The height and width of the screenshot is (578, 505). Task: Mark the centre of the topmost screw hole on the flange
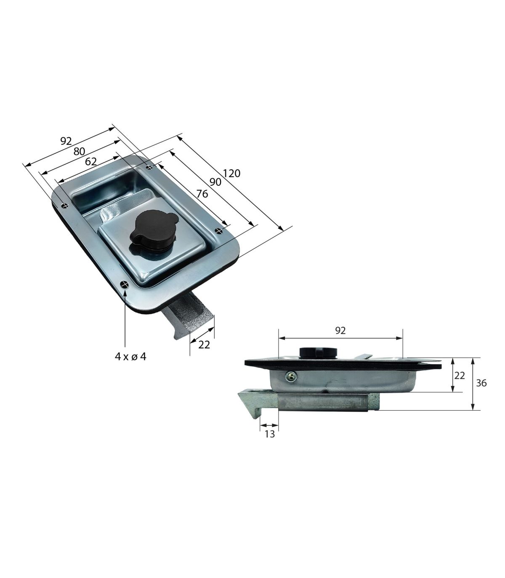(150, 167)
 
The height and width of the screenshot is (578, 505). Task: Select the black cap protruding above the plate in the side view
(318, 352)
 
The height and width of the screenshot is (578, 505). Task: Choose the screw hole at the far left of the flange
(65, 205)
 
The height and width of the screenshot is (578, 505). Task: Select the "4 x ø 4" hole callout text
(130, 356)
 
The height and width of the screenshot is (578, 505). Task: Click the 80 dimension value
(79, 151)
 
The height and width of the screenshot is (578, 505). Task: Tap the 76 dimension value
(202, 193)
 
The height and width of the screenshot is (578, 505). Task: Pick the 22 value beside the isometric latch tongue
(204, 345)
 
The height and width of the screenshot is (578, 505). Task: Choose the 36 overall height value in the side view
(481, 383)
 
